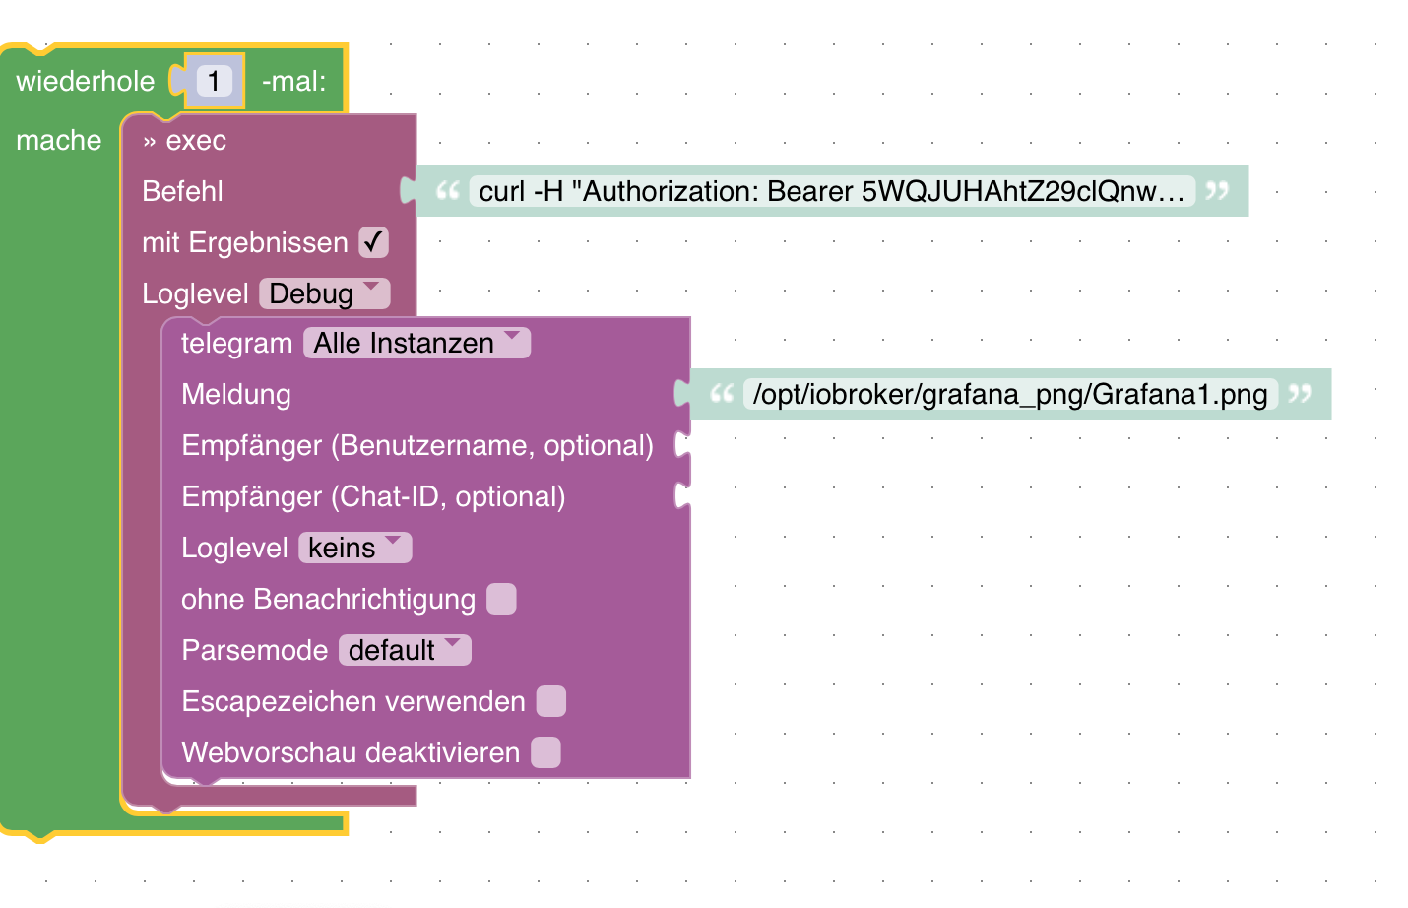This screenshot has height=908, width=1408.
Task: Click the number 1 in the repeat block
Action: click(214, 81)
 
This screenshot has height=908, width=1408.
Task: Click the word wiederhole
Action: click(86, 81)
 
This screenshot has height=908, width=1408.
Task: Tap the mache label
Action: click(59, 140)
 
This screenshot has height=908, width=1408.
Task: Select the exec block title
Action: click(195, 141)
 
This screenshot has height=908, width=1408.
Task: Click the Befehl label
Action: click(182, 191)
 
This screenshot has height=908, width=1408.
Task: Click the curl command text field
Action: click(831, 191)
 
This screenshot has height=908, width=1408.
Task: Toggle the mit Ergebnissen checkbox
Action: click(373, 242)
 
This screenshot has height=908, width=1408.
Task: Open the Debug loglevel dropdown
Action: click(324, 293)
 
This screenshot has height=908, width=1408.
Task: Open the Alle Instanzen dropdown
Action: click(416, 343)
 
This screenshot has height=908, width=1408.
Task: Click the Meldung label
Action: click(236, 394)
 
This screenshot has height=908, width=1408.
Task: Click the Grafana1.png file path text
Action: click(1009, 394)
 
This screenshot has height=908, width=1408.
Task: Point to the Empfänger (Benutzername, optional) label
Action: click(417, 445)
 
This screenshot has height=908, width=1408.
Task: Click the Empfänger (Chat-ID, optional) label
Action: click(373, 496)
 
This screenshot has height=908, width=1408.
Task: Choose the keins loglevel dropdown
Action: click(354, 548)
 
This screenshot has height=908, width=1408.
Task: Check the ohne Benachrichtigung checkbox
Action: click(501, 599)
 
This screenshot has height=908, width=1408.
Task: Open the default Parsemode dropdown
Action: click(405, 650)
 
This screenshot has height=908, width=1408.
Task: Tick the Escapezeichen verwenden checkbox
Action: click(551, 701)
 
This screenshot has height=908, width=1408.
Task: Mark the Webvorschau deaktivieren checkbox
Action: click(545, 752)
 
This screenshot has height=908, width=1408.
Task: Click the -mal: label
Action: click(293, 81)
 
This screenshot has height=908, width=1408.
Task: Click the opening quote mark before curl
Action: click(448, 190)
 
